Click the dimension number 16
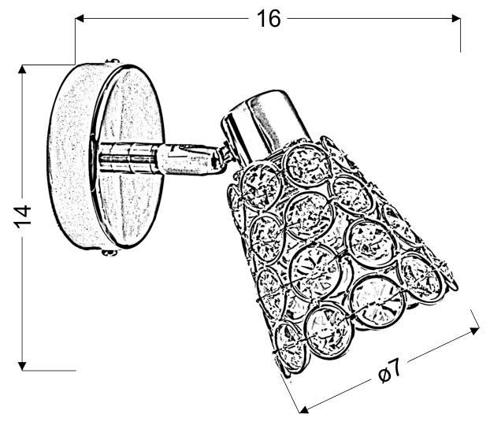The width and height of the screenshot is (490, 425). [x=269, y=19]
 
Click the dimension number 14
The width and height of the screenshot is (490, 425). [x=23, y=216]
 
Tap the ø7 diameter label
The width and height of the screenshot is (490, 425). [x=389, y=371]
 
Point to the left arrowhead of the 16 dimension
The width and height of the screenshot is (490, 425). [x=80, y=19]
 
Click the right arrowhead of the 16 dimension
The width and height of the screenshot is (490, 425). [x=456, y=19]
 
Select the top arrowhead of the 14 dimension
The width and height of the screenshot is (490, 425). [x=22, y=69]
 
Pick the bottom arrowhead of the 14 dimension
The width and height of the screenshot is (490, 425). [x=22, y=366]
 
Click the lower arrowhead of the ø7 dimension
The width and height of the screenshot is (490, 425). [x=304, y=409]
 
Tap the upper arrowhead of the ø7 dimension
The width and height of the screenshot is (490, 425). [x=475, y=331]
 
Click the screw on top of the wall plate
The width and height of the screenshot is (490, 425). [x=113, y=61]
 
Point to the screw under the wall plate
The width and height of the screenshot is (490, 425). [x=110, y=253]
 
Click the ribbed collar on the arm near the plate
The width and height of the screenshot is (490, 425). [x=128, y=158]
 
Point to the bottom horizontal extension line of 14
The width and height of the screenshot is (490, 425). [x=49, y=371]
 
